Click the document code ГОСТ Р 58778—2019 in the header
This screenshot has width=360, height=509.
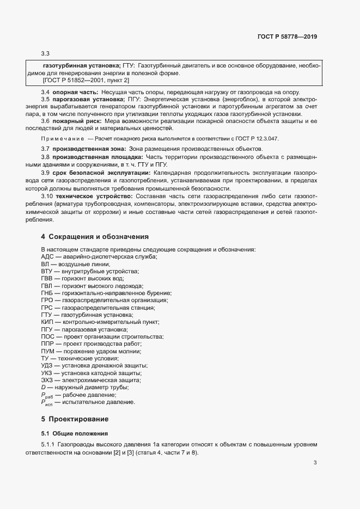coord(286,36)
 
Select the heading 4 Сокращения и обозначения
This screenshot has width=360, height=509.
coord(94,237)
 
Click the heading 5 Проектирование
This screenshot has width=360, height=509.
coord(75,419)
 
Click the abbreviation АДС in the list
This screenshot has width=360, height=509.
coord(48,256)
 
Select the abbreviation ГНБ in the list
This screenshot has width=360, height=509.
coord(48,293)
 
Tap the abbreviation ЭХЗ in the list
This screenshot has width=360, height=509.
coord(47,380)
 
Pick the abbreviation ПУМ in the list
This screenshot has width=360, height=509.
coord(48,351)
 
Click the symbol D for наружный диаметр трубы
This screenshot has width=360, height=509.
coord(43,387)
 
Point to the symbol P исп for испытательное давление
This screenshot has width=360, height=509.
coord(46,402)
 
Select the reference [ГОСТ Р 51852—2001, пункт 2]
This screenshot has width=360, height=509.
coord(86,81)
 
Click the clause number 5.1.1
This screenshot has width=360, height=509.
coord(48,445)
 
